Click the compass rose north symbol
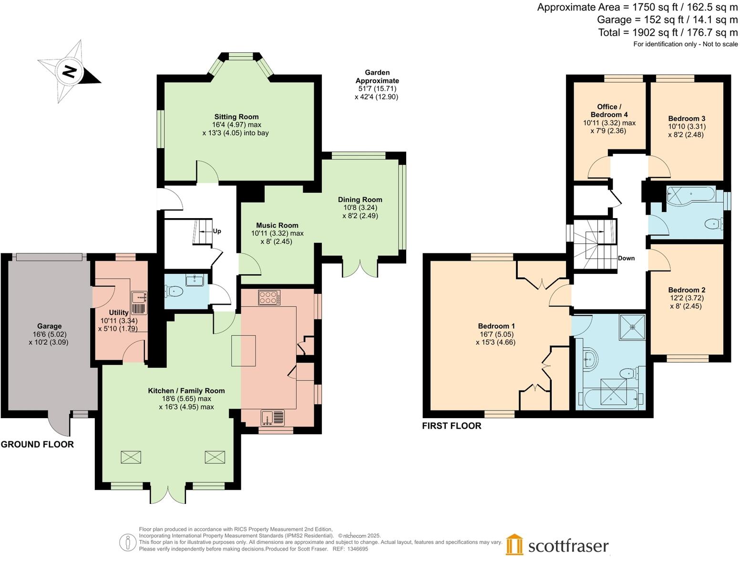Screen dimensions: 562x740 point(70,72)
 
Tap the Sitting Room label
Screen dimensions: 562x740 point(236,117)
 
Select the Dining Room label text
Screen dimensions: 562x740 point(360,200)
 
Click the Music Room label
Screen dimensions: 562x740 point(277,225)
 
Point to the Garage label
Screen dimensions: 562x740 point(49,326)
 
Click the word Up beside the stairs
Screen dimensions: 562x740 point(217,231)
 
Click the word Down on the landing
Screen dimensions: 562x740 point(626,258)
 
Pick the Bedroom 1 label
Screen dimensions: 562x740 point(496,326)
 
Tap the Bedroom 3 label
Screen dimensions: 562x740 point(687,119)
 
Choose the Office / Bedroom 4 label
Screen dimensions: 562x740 point(609,110)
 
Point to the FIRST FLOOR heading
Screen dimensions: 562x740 point(452,426)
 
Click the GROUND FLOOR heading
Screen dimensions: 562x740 point(37,444)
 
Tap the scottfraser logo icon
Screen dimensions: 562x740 point(514,544)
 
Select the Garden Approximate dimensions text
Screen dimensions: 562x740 point(377,85)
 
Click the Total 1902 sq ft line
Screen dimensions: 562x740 point(668,32)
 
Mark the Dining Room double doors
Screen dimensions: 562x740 point(360,268)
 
